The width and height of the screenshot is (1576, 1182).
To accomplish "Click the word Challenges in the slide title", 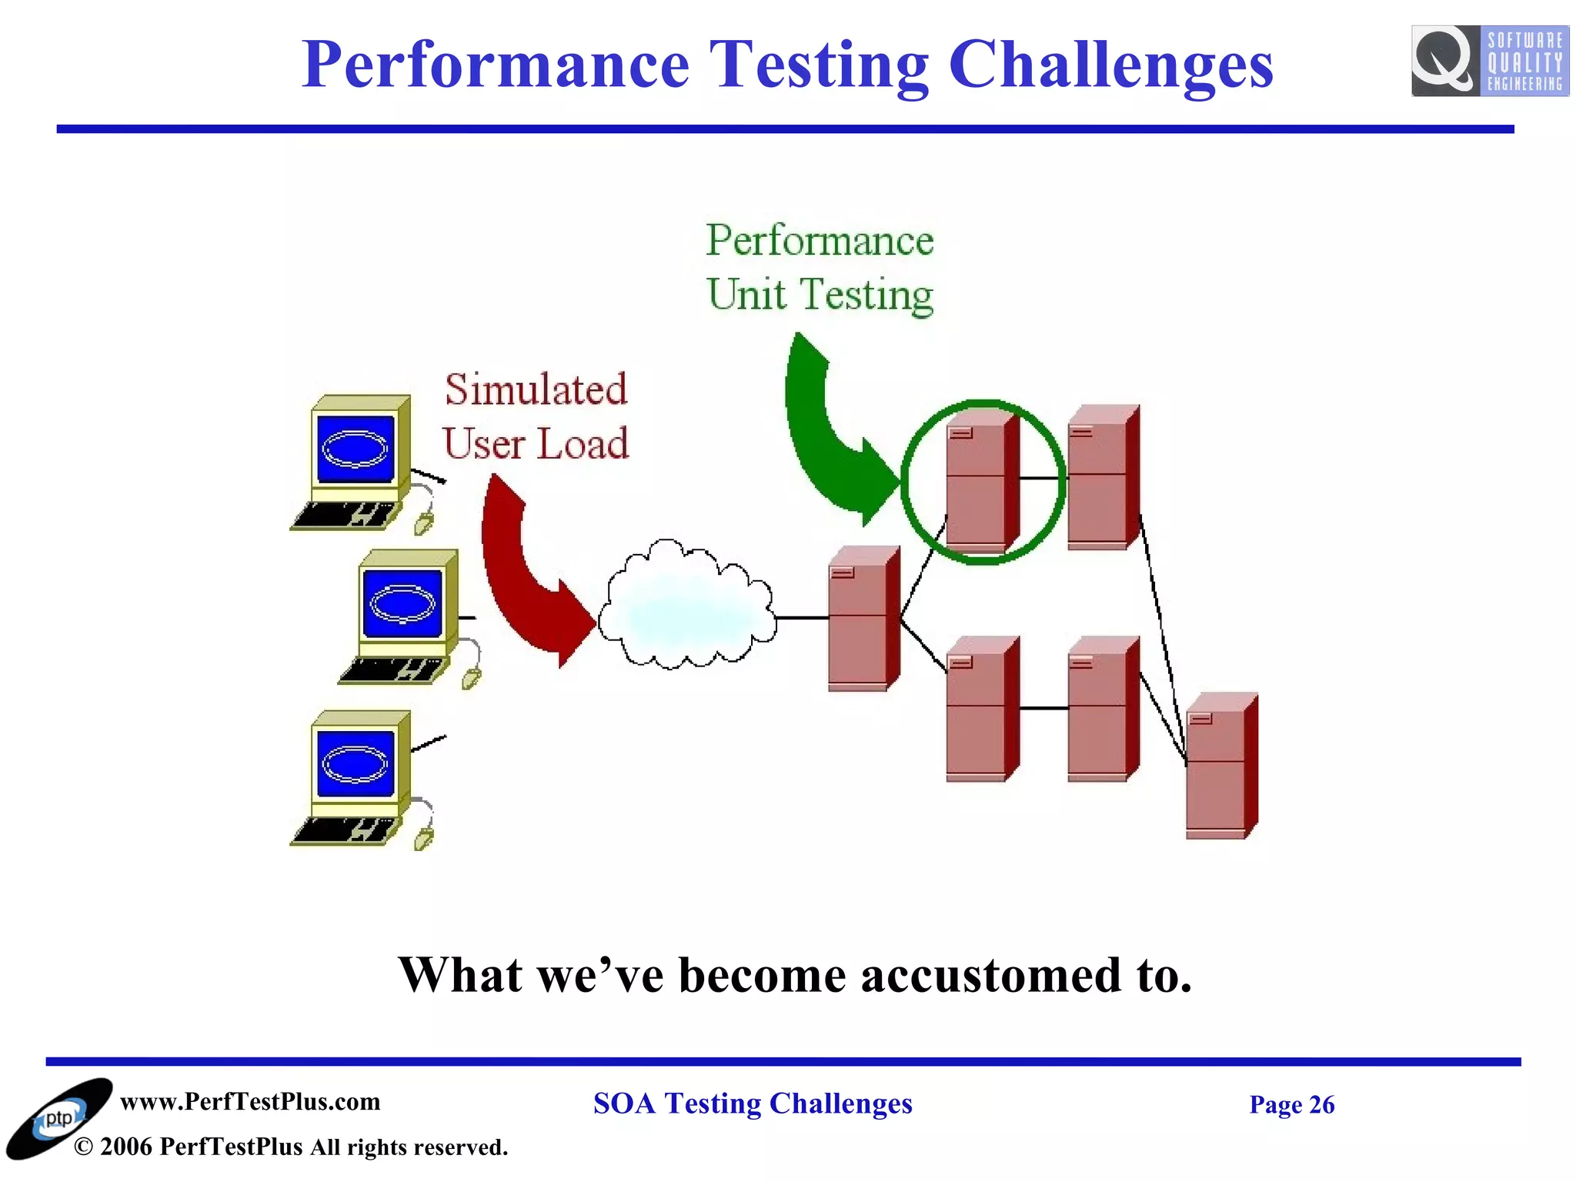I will tap(1110, 65).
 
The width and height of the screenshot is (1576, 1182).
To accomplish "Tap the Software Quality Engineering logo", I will tap(1489, 61).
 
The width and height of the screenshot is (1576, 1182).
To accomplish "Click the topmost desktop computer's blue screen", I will tap(356, 449).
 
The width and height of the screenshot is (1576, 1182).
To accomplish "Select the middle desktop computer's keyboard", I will tap(392, 669).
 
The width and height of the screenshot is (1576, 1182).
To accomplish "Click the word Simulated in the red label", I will tap(536, 389).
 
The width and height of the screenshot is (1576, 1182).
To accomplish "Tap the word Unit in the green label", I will tap(746, 295).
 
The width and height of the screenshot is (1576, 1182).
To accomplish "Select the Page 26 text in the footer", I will tap(1291, 1104).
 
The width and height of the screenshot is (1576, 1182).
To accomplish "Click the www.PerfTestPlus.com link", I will tap(250, 1101).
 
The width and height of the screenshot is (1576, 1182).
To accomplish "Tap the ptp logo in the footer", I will tap(58, 1120).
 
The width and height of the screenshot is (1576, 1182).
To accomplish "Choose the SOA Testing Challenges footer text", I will tap(752, 1104).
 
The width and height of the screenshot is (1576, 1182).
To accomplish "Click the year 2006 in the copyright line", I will tap(125, 1147).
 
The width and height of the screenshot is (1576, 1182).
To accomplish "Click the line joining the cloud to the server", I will tap(802, 618).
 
